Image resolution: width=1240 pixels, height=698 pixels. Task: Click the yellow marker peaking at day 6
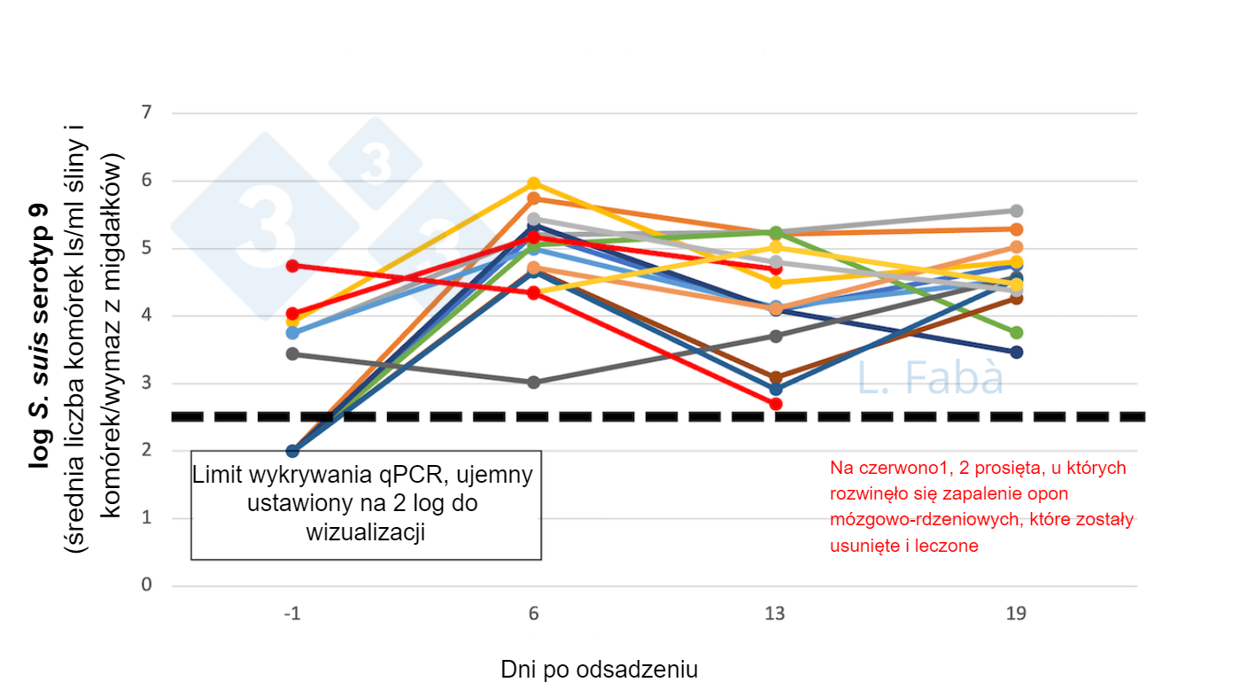534,184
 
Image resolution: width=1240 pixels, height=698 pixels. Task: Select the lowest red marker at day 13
776,404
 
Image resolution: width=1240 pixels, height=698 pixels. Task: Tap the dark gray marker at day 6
534,383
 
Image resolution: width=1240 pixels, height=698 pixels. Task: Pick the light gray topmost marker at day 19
1017,211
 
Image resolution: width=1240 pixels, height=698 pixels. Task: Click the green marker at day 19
1017,332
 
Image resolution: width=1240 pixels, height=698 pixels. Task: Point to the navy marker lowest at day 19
1017,353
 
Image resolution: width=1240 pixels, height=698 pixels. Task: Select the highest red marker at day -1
292,265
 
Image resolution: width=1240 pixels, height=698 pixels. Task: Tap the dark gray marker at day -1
292,354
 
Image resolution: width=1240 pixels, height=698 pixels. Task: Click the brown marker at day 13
776,377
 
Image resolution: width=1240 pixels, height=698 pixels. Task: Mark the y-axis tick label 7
147,113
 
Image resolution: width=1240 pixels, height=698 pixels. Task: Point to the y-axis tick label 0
147,586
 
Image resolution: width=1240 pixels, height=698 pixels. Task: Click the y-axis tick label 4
147,316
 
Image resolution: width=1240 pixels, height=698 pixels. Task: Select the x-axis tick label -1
292,614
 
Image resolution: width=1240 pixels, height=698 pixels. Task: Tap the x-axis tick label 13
776,614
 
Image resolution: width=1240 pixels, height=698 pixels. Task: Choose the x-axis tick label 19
1017,614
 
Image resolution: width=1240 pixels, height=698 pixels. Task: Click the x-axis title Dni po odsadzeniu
599,670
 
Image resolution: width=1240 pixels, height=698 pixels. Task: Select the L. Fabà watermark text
930,378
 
